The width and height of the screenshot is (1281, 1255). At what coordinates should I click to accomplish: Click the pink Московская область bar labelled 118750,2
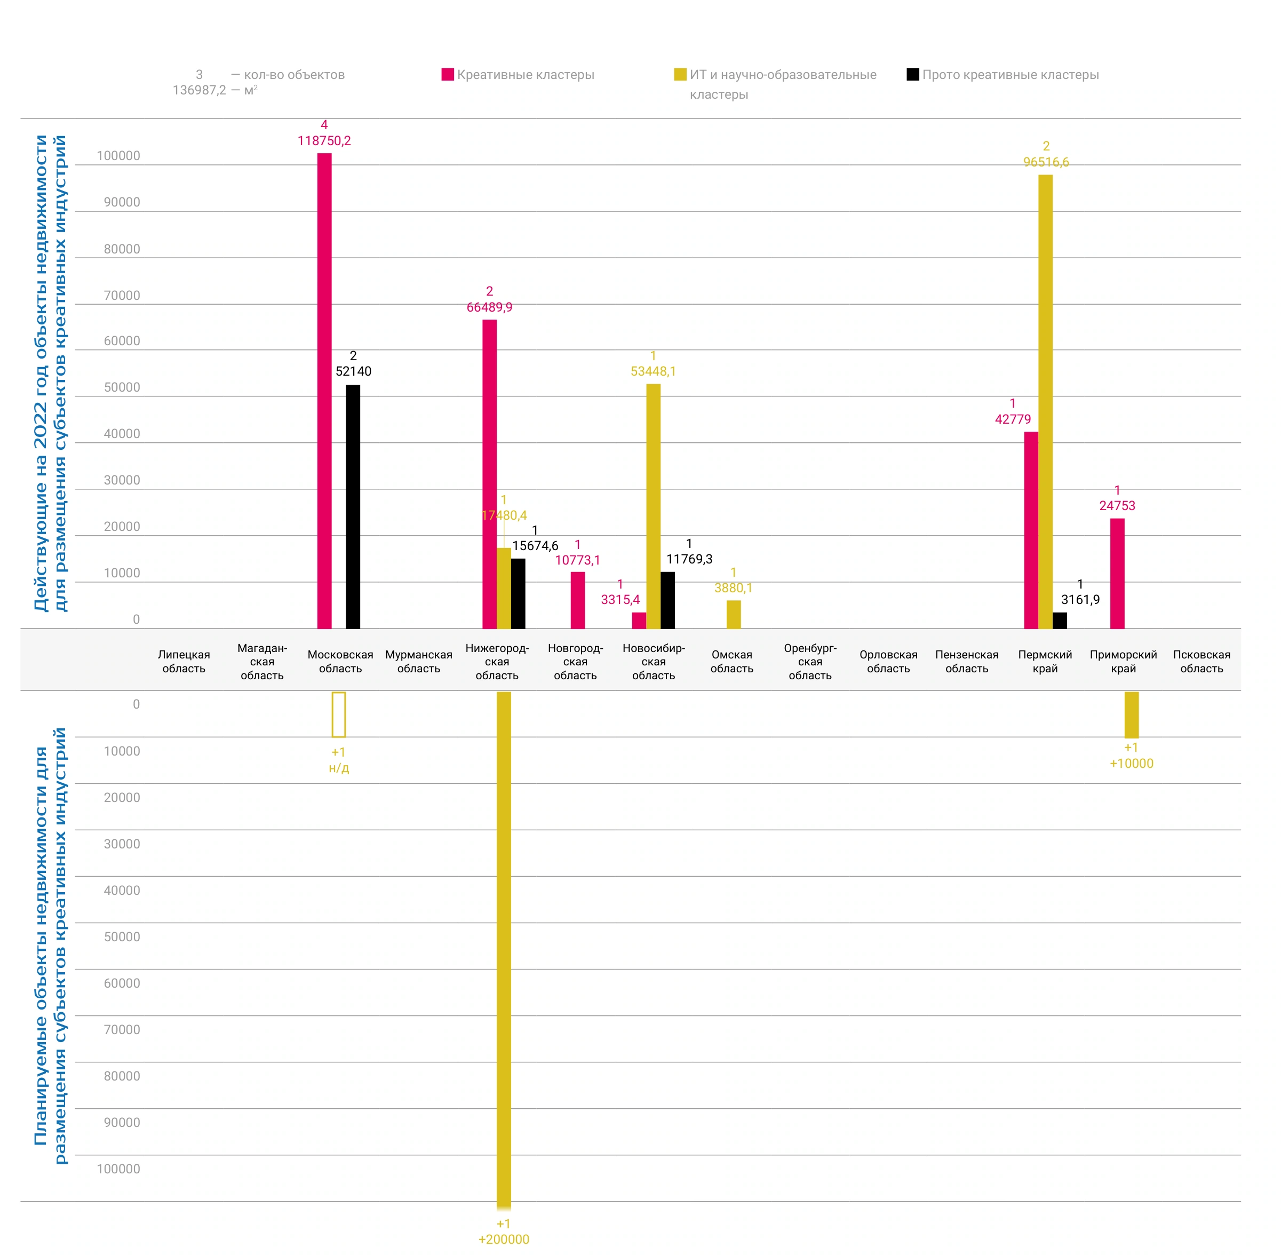324,391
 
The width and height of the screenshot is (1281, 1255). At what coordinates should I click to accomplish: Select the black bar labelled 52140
353,506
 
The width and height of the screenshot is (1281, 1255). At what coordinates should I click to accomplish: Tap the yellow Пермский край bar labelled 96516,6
1045,401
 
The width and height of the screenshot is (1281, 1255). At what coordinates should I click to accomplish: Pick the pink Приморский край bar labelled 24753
1117,574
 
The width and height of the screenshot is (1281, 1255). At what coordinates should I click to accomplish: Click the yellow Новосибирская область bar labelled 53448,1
653,506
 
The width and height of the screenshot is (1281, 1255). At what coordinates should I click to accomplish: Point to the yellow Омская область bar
734,614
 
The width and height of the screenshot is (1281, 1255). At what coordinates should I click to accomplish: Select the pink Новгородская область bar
577,600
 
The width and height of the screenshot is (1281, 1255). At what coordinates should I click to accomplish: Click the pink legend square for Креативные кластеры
448,75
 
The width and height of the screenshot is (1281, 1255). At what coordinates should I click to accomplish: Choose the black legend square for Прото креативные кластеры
913,75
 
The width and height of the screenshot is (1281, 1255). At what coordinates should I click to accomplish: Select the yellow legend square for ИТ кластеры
680,75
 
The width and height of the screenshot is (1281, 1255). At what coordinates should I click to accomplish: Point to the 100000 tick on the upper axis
118,156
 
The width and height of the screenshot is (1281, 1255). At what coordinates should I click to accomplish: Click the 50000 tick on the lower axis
122,936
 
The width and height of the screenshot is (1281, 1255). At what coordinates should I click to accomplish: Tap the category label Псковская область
1202,661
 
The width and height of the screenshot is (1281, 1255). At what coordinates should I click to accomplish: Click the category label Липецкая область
184,661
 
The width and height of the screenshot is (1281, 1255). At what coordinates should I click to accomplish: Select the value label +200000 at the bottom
504,1239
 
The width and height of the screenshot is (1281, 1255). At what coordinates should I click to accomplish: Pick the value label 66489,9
489,307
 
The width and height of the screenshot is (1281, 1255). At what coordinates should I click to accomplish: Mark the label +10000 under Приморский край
1132,763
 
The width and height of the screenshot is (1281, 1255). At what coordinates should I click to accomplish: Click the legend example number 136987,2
199,90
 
